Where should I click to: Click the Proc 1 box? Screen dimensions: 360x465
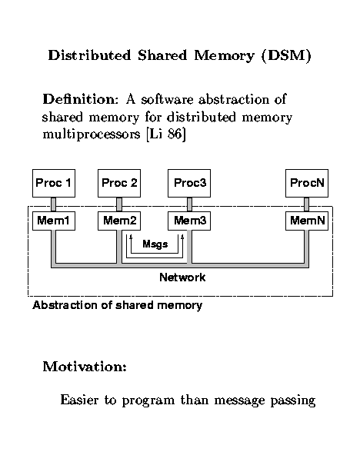pyautogui.click(x=54, y=183)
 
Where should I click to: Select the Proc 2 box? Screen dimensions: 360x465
pyautogui.click(x=119, y=183)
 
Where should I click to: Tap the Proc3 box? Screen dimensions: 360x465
pyautogui.click(x=189, y=183)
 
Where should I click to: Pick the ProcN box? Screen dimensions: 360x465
pyautogui.click(x=307, y=183)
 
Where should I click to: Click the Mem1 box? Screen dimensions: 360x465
pyautogui.click(x=54, y=221)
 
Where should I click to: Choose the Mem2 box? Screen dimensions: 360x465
pyautogui.click(x=119, y=221)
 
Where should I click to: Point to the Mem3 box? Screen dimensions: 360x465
pyautogui.click(x=189, y=221)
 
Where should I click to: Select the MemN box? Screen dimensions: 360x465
pyautogui.click(x=307, y=221)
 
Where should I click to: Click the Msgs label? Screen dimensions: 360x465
pyautogui.click(x=155, y=244)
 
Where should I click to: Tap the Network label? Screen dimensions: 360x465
pyautogui.click(x=182, y=277)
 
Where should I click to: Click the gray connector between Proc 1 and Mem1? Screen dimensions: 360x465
pyautogui.click(x=53, y=204)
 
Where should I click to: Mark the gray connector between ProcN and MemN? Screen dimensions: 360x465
pyautogui.click(x=307, y=204)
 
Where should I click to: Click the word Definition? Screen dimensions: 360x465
pyautogui.click(x=81, y=99)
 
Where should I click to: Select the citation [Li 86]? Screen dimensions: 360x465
pyautogui.click(x=166, y=135)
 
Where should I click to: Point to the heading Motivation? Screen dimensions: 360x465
pyautogui.click(x=85, y=367)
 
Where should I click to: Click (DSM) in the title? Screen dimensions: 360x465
pyautogui.click(x=286, y=55)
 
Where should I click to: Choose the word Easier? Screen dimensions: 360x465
pyautogui.click(x=79, y=400)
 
